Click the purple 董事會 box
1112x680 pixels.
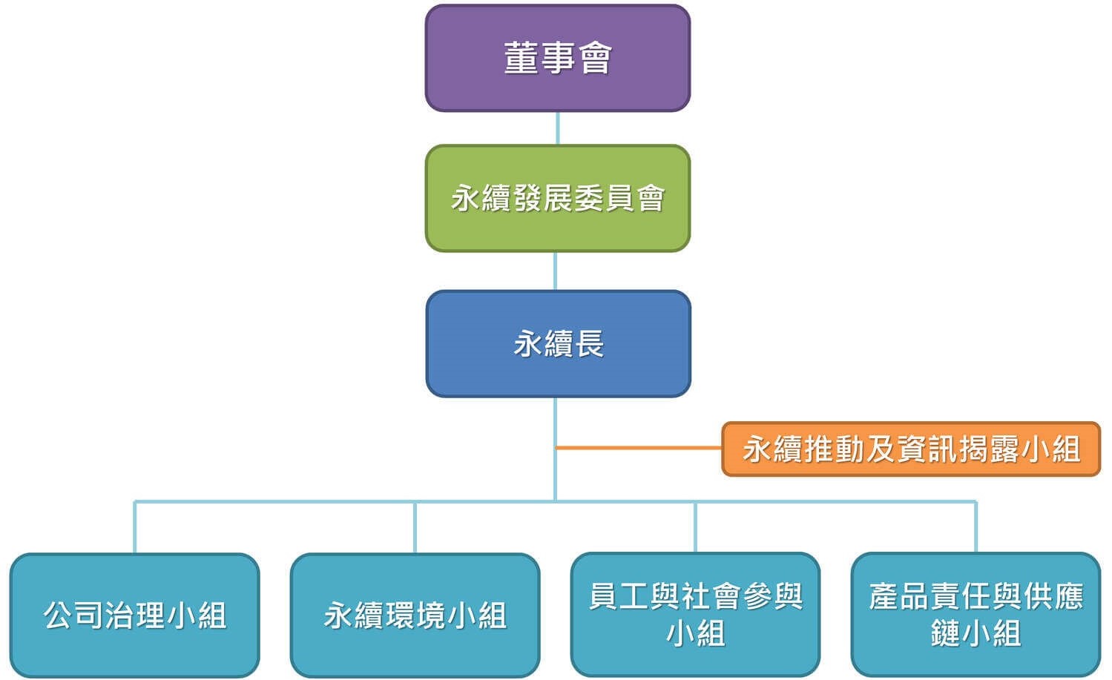coord(557,58)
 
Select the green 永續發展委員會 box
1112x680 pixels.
coord(557,198)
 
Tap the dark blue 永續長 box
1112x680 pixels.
coord(558,343)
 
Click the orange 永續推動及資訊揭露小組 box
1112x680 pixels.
coord(910,449)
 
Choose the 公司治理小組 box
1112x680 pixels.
coord(134,615)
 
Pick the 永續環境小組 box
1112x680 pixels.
coord(415,615)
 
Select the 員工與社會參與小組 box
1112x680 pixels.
coord(695,615)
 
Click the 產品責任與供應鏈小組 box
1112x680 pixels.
coord(976,615)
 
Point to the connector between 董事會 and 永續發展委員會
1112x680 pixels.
coord(557,128)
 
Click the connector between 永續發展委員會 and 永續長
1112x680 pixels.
coord(556,271)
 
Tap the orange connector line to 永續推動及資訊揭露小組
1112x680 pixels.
coord(638,448)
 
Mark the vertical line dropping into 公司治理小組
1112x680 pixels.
coord(134,527)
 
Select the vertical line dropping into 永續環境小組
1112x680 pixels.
coord(415,527)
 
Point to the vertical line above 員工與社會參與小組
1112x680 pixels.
coord(695,527)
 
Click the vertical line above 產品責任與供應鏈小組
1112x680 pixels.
coord(976,527)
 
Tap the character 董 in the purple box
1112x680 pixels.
coord(521,58)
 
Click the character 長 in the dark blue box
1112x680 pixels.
coord(590,344)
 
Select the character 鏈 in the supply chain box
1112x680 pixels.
coord(945,633)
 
